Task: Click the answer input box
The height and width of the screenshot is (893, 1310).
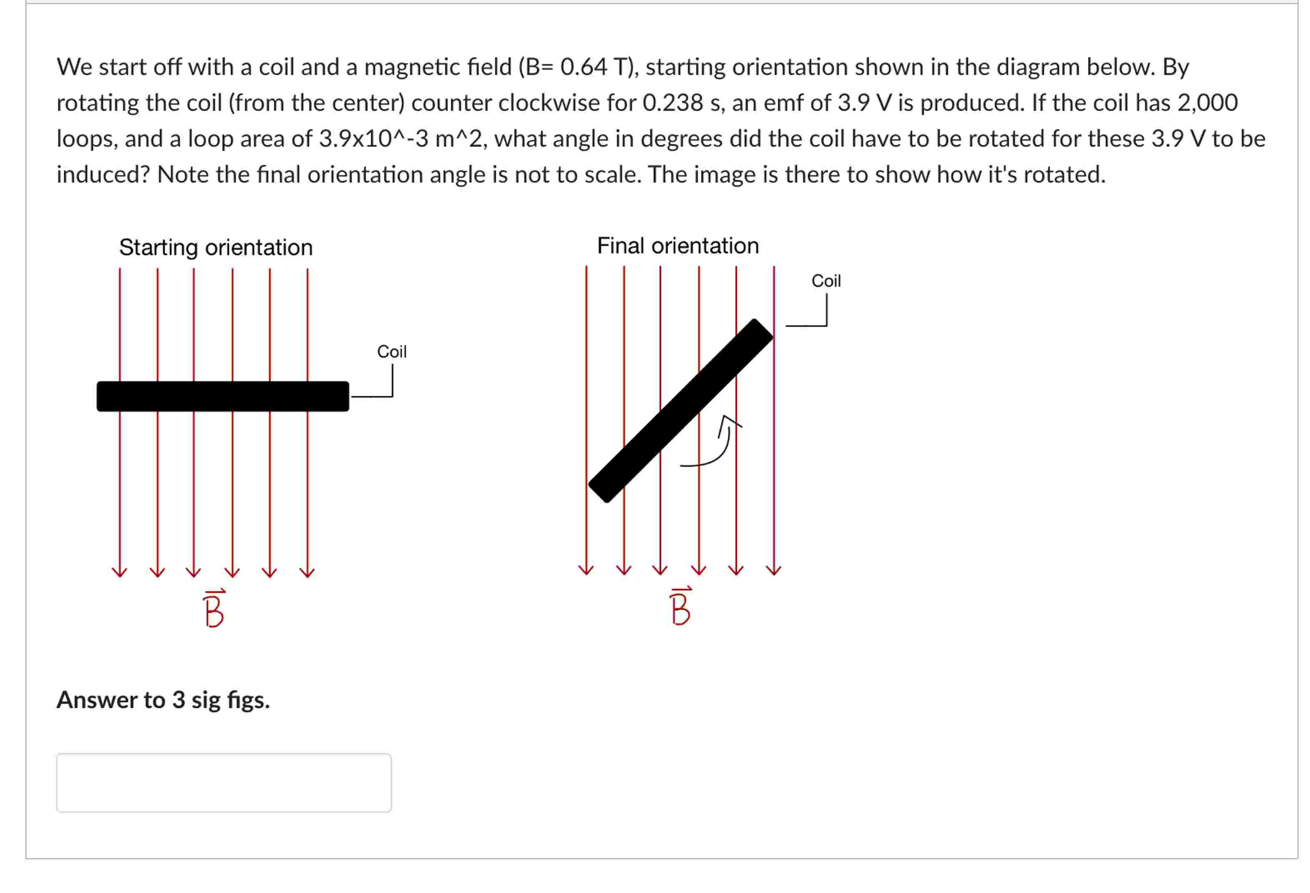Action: point(224,782)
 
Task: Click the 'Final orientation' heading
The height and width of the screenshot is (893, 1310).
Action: point(678,246)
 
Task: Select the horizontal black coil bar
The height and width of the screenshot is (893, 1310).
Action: point(223,396)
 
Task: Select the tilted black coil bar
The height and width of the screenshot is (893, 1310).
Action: point(680,410)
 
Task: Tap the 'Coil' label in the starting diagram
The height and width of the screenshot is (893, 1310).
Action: point(391,352)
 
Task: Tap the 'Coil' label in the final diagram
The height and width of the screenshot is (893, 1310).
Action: point(826,281)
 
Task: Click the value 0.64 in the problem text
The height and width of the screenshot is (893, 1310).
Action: point(583,67)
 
